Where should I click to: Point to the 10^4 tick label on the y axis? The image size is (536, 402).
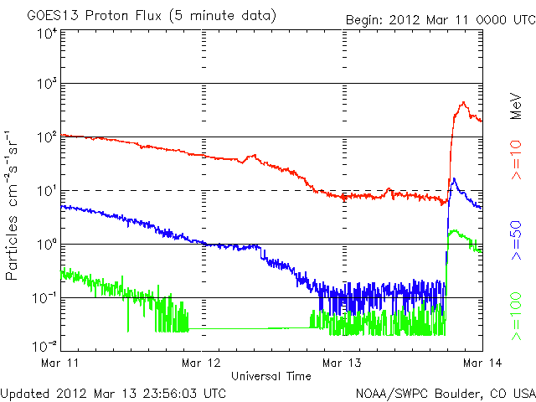pos(47,34)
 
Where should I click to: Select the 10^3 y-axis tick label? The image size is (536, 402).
pos(47,85)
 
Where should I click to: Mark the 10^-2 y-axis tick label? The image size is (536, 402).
pos(45,344)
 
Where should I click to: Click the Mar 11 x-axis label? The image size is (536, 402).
pos(61,363)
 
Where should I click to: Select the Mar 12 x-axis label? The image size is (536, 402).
pos(202,363)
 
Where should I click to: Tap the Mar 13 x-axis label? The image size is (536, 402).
pos(342,363)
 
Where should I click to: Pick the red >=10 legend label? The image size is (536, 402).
pos(517,162)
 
